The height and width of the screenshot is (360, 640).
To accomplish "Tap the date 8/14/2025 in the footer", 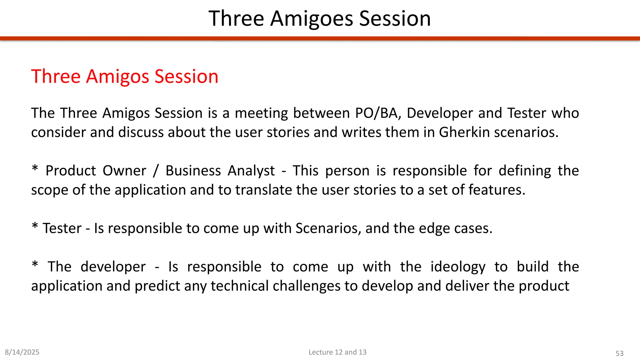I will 22,352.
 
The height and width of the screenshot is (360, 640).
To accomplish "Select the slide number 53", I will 619,353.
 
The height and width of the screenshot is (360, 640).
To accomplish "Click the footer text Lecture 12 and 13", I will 337,352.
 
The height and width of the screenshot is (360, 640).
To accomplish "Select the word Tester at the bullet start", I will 62,228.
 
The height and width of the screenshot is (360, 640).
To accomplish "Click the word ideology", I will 458,267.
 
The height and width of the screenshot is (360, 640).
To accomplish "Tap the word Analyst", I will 251,171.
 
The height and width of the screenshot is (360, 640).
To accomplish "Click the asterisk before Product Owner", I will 35,169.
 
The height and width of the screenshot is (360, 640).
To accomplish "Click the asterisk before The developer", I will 35,265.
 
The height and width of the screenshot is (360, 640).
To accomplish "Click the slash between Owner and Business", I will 156,171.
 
